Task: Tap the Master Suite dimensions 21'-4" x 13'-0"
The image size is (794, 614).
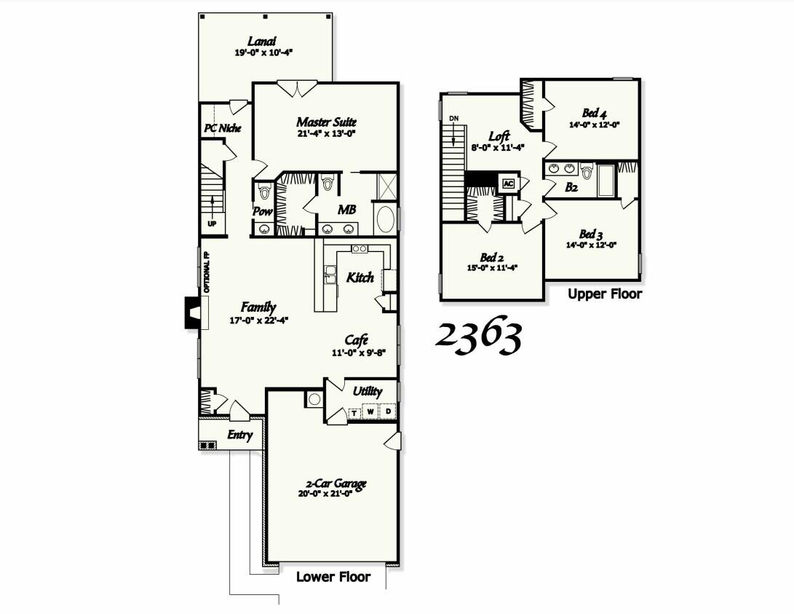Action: pyautogui.click(x=326, y=134)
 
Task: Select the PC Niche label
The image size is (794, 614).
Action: pyautogui.click(x=222, y=129)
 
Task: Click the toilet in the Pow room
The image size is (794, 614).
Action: pyautogui.click(x=264, y=192)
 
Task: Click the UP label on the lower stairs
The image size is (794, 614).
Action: pyautogui.click(x=212, y=224)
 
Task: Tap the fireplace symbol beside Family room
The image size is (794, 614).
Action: pyautogui.click(x=193, y=312)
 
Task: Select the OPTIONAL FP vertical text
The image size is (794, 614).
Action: pyautogui.click(x=206, y=272)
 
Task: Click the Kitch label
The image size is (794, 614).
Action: pyautogui.click(x=360, y=278)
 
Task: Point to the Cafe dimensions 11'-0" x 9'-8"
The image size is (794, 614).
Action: pyautogui.click(x=359, y=353)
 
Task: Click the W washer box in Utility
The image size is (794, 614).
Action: pyautogui.click(x=370, y=412)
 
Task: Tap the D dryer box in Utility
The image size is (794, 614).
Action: pyautogui.click(x=388, y=412)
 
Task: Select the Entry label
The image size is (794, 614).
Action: pyautogui.click(x=239, y=436)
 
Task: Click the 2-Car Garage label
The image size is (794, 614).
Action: pyautogui.click(x=336, y=484)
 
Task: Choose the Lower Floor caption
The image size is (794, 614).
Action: pyautogui.click(x=333, y=577)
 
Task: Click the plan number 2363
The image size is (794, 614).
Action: pyautogui.click(x=478, y=337)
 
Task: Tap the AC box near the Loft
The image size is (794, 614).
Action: pyautogui.click(x=507, y=183)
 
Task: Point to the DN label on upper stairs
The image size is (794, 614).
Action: pyautogui.click(x=454, y=118)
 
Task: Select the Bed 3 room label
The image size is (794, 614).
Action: pyautogui.click(x=592, y=235)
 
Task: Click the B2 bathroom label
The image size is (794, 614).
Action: pyautogui.click(x=572, y=188)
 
